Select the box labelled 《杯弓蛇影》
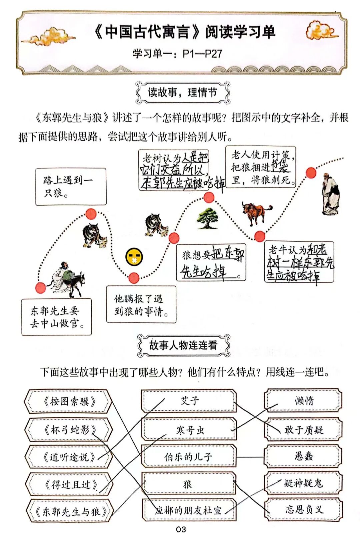pos(68,430)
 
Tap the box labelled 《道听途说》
pos(68,457)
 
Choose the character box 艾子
pos(189,401)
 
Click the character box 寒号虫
pos(189,430)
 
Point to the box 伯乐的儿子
pos(189,457)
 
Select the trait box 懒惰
pos(303,401)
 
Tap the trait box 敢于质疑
pos(303,430)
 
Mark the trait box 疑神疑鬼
pos(303,483)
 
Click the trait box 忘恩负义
pos(303,509)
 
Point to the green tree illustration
pos(207,219)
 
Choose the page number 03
pos(181,529)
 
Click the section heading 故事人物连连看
pos(183,345)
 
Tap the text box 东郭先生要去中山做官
pos(56,317)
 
